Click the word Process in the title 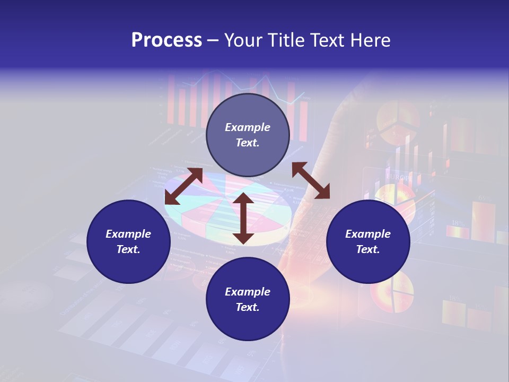click(166, 40)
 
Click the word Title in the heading click(286, 40)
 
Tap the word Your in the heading click(244, 40)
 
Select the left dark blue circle click(128, 241)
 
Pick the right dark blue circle click(368, 241)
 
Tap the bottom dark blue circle click(248, 299)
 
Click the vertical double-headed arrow click(243, 218)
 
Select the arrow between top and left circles click(183, 186)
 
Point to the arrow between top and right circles click(311, 180)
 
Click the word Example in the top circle click(248, 127)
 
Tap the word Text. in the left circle click(128, 249)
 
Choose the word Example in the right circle click(368, 234)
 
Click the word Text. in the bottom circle click(248, 307)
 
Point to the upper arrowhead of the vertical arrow click(243, 199)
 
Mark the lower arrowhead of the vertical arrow click(243, 238)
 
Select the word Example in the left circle click(128, 234)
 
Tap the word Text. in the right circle click(368, 249)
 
